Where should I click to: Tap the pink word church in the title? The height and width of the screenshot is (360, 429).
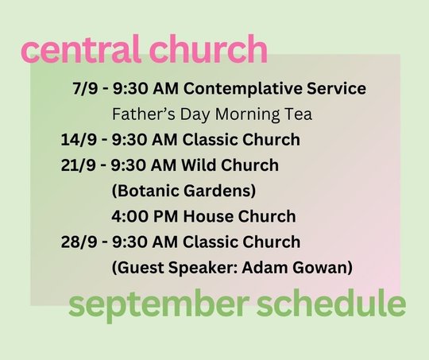coord(208,48)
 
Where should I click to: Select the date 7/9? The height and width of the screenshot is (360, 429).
coord(85,88)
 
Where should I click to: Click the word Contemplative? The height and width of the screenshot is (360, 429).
coord(242,89)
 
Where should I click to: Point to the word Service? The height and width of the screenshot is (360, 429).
coord(336,88)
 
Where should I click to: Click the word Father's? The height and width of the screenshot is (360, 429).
coord(144,114)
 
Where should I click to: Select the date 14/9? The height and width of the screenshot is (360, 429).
coord(79,140)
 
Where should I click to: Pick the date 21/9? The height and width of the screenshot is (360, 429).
coord(78,165)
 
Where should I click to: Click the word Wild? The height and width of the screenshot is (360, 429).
coord(199,165)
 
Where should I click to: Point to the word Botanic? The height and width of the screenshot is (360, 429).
coord(145,191)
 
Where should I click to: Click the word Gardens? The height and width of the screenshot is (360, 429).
coord(220,191)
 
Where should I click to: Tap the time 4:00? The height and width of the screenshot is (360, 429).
coord(129,216)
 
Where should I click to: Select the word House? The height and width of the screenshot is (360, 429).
coord(208,216)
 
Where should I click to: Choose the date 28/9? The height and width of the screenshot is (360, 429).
coord(79,242)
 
